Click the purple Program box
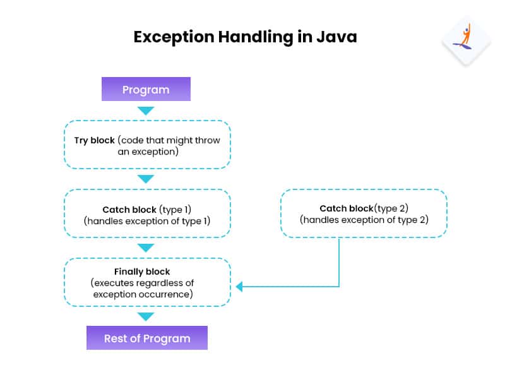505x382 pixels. coord(146,89)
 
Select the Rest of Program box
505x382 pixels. coord(147,338)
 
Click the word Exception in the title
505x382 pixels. coord(174,37)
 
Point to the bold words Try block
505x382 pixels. coord(93,140)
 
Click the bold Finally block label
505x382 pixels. coord(142,272)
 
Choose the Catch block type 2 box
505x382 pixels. coord(364,213)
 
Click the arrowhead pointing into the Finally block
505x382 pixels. coord(239,287)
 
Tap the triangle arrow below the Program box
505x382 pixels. coord(146,111)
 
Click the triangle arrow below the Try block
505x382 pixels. coord(146,179)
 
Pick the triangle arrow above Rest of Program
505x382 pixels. coord(146,316)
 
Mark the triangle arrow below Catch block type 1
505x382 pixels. coord(146,248)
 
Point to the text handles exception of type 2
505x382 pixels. coord(364,220)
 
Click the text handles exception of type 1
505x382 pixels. coord(147,221)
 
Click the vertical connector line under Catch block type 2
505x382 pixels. coord(340,262)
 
